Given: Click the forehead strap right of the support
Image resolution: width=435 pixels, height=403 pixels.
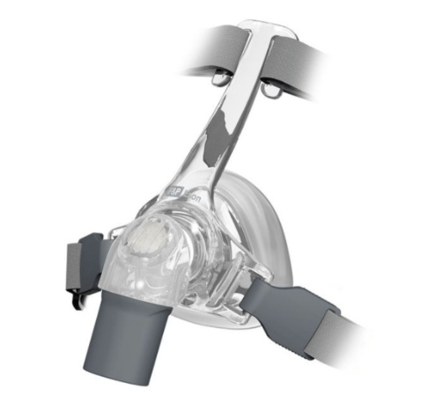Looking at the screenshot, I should [326, 66].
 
